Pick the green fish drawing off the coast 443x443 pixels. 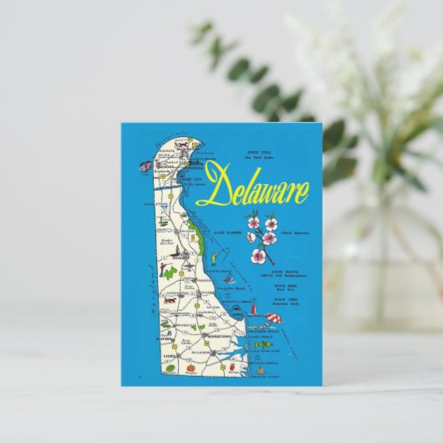coord(263,344)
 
